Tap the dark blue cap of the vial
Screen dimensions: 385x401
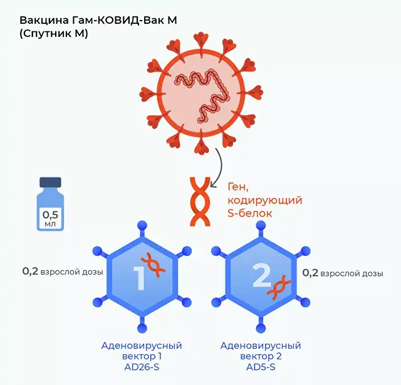coord(50,182)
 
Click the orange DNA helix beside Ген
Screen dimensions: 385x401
coord(199,201)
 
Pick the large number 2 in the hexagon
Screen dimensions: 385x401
coord(261,275)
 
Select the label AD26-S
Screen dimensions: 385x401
coord(142,367)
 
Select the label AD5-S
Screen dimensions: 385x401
coord(261,367)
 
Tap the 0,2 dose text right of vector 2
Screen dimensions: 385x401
coord(343,273)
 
